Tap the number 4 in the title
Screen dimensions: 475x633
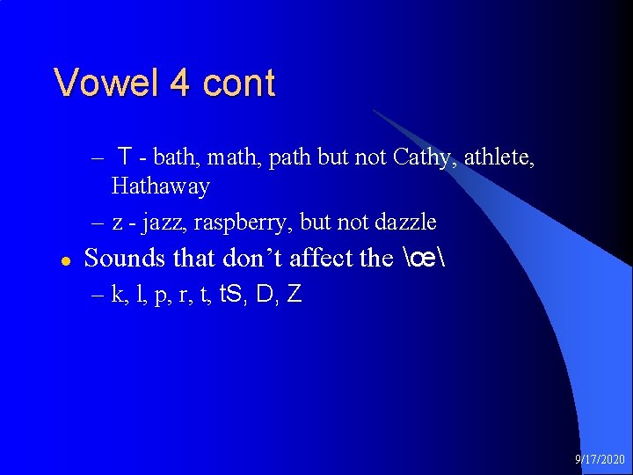pos(180,84)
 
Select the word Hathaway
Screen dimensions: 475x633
pos(160,186)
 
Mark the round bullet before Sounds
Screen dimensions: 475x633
pos(65,260)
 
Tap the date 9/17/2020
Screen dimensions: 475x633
pos(600,460)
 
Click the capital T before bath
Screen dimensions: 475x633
pos(127,158)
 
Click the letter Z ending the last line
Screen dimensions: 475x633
pos(295,295)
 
